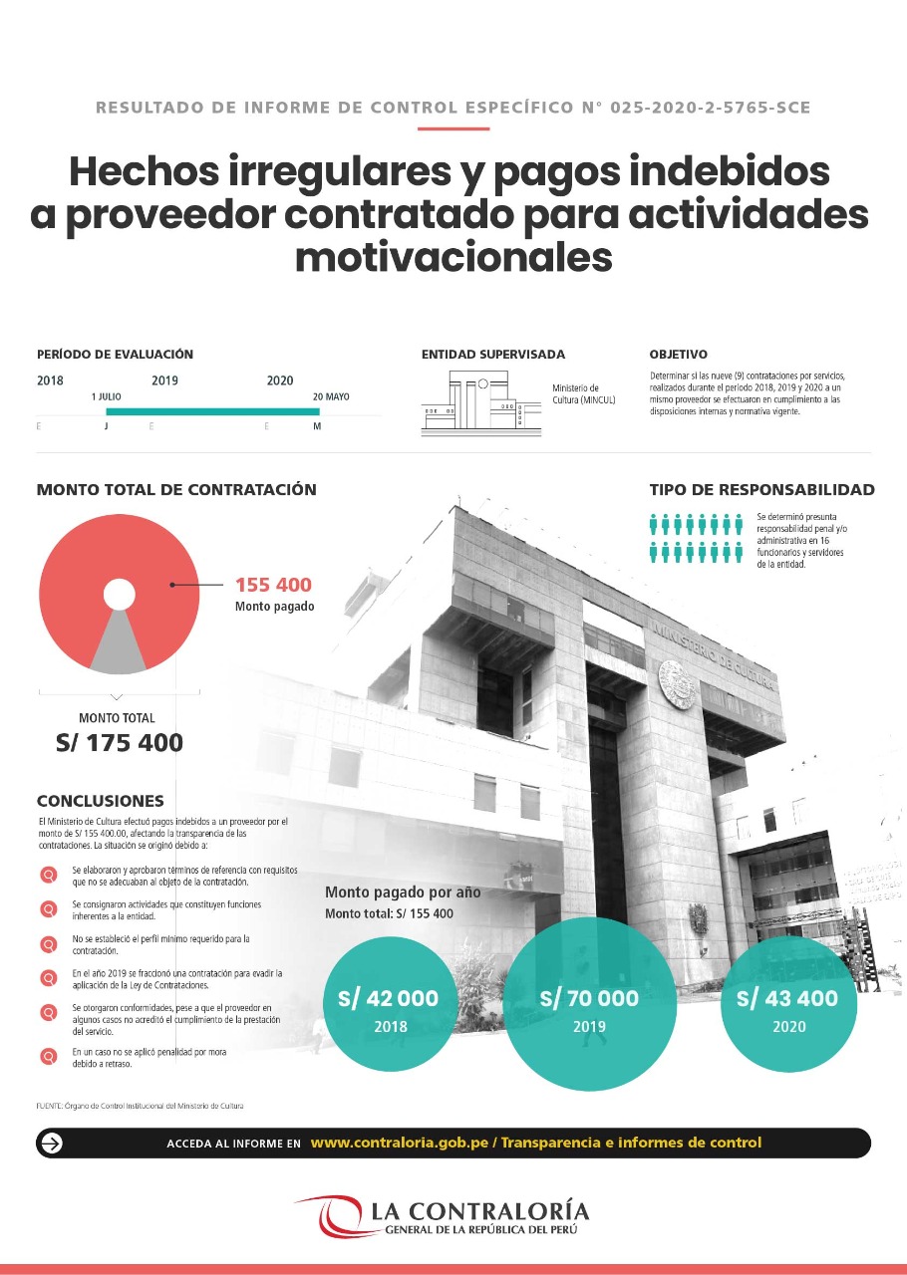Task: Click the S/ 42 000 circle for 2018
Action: click(388, 1007)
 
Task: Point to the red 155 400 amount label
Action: click(273, 585)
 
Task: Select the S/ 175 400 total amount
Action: click(118, 742)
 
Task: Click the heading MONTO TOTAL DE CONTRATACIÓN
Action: click(176, 489)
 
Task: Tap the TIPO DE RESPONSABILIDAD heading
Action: click(761, 489)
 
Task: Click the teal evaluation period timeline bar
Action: click(212, 411)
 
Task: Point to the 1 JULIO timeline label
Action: click(106, 396)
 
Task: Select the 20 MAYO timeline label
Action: click(331, 396)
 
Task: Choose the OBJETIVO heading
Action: click(678, 354)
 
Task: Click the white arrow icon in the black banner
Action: click(51, 1143)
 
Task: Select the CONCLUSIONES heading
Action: click(100, 801)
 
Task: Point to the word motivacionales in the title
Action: click(453, 257)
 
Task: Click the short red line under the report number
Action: click(453, 128)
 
